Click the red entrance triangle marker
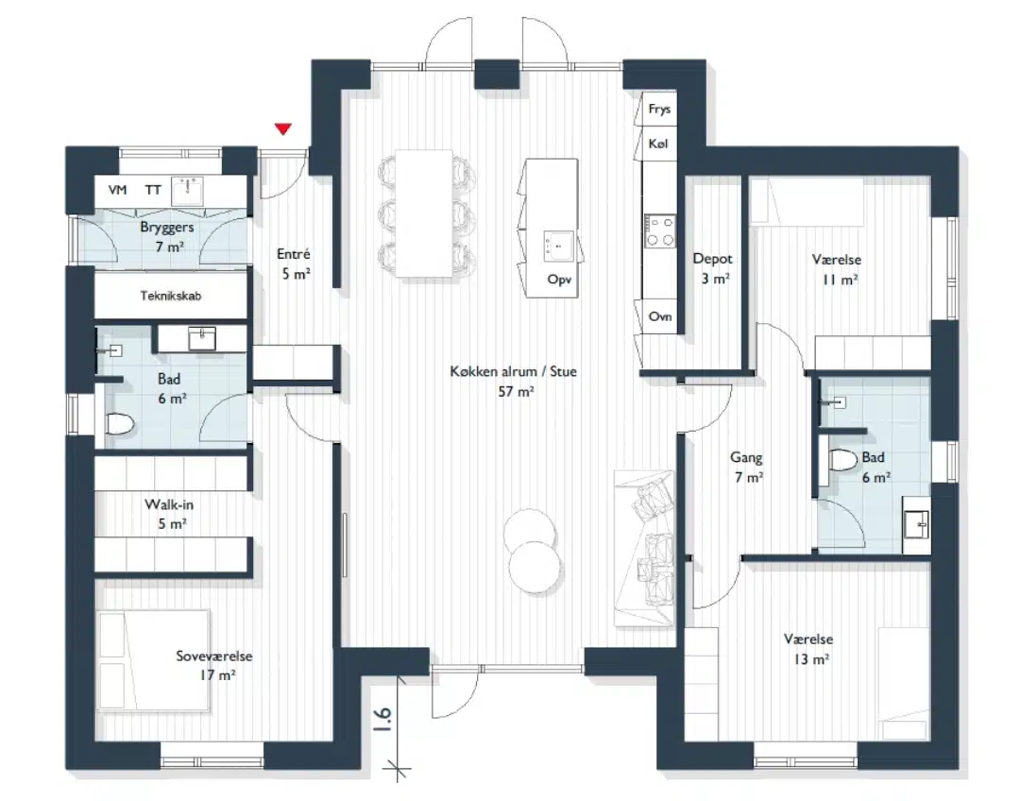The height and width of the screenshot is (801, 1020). pyautogui.click(x=282, y=128)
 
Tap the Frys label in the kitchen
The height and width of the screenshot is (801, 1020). pyautogui.click(x=659, y=110)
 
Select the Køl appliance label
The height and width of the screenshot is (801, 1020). pyautogui.click(x=657, y=144)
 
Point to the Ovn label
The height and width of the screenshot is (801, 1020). pyautogui.click(x=659, y=316)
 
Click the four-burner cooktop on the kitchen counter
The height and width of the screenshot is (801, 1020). pyautogui.click(x=659, y=231)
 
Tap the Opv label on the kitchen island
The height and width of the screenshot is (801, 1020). pyautogui.click(x=559, y=280)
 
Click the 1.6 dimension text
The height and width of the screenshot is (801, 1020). pyautogui.click(x=383, y=720)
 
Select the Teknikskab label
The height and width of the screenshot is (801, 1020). pyautogui.click(x=170, y=296)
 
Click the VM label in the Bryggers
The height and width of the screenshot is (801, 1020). pyautogui.click(x=118, y=190)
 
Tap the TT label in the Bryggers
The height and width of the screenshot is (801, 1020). pyautogui.click(x=153, y=190)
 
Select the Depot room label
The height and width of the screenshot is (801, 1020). pyautogui.click(x=712, y=259)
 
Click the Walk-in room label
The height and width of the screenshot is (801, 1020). pyautogui.click(x=169, y=504)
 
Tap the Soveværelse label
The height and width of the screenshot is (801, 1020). pyautogui.click(x=214, y=656)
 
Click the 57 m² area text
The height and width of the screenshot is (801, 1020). pyautogui.click(x=516, y=392)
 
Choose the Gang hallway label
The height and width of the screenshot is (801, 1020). pyautogui.click(x=746, y=458)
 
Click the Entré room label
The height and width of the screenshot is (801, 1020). pyautogui.click(x=294, y=254)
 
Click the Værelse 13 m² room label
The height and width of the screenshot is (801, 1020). pyautogui.click(x=808, y=649)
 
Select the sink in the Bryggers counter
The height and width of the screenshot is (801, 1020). pyautogui.click(x=187, y=192)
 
